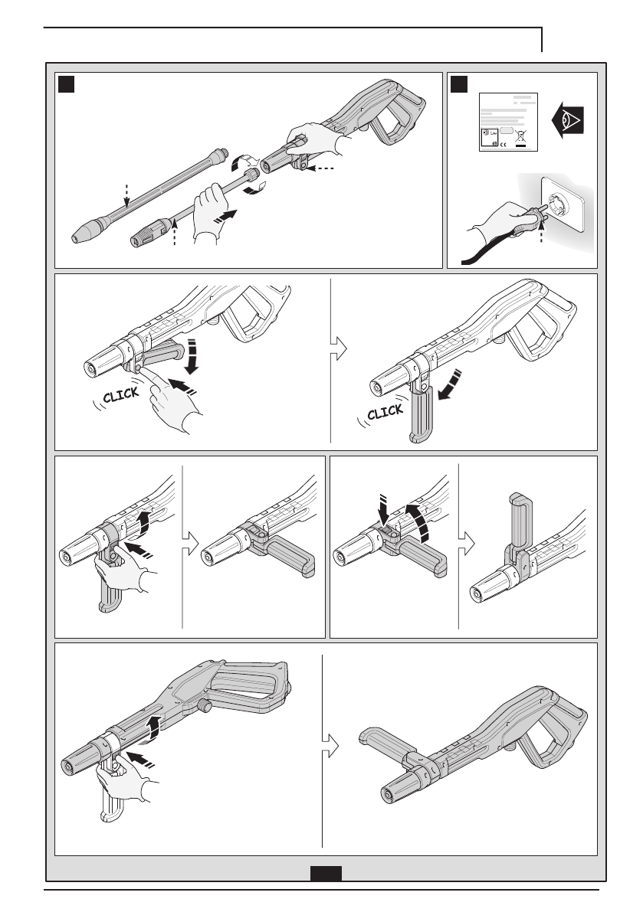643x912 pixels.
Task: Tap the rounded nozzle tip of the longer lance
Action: coord(78,238)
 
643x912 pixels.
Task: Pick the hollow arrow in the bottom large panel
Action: coord(330,744)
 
